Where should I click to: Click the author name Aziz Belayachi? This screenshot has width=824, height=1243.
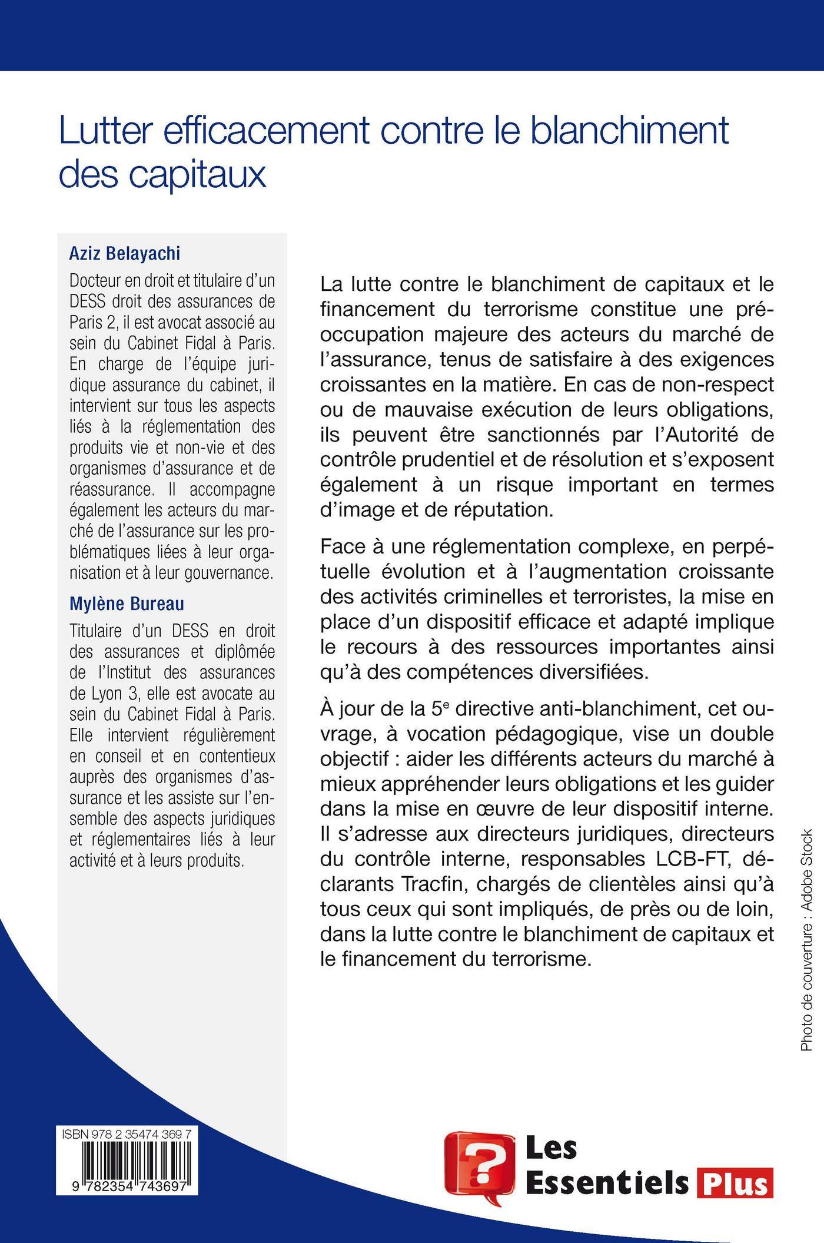125,254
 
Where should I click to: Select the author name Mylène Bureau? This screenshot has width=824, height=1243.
127,604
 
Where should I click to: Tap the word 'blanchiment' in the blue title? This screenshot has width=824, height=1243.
629,130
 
